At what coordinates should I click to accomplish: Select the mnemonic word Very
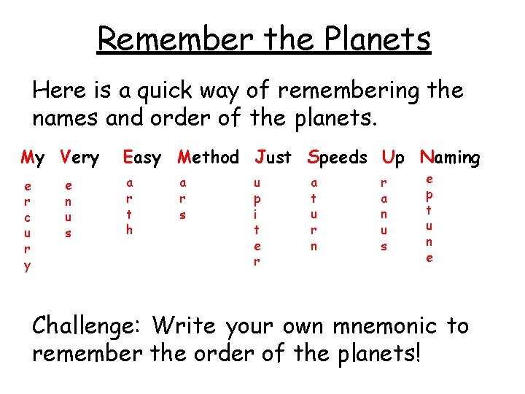click(x=79, y=157)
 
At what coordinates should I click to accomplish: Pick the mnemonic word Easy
click(x=142, y=157)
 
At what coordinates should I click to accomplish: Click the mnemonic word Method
click(x=209, y=157)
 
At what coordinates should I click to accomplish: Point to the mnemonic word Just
click(x=273, y=157)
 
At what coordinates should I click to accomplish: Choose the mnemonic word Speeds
click(x=338, y=157)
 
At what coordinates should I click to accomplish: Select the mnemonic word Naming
click(x=450, y=157)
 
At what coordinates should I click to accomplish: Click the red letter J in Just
click(x=260, y=157)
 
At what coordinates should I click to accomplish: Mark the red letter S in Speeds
click(x=313, y=157)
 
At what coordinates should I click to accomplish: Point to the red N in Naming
click(x=425, y=157)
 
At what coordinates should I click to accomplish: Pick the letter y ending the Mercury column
click(x=27, y=267)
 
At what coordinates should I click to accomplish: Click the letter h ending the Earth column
click(x=130, y=231)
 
